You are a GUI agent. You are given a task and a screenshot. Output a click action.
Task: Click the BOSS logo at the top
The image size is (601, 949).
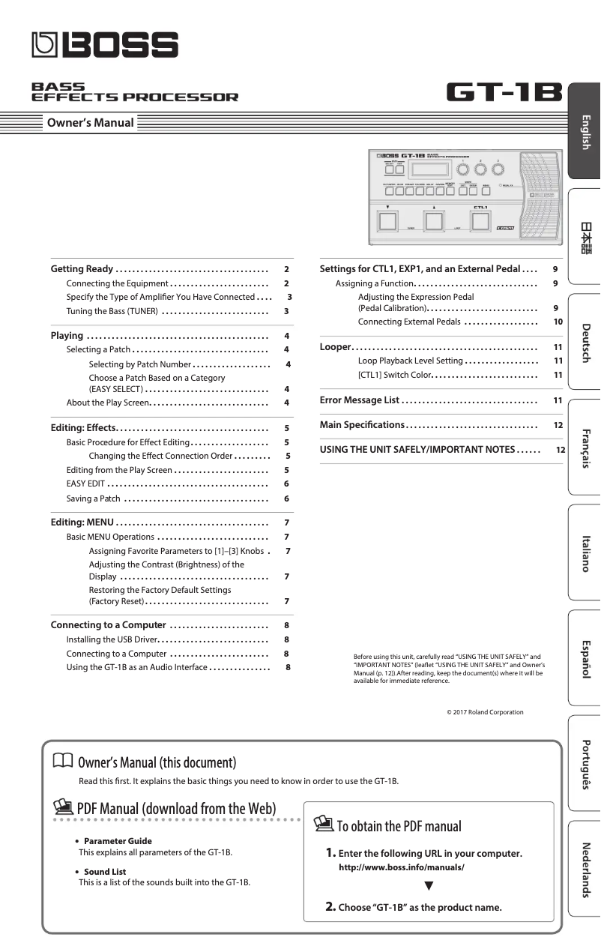(x=105, y=46)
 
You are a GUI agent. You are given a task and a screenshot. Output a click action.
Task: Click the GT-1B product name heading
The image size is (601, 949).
(x=504, y=93)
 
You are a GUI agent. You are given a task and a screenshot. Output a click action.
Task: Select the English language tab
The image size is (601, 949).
(x=585, y=132)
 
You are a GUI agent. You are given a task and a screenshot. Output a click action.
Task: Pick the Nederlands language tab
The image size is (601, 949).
(x=585, y=870)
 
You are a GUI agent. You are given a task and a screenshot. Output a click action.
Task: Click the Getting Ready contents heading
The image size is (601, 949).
(x=82, y=269)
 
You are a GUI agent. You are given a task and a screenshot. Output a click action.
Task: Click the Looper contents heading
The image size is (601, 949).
(x=335, y=347)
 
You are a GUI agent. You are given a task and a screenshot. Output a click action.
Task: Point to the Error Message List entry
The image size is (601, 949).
(x=360, y=400)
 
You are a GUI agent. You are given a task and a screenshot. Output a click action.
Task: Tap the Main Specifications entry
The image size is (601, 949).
(x=362, y=425)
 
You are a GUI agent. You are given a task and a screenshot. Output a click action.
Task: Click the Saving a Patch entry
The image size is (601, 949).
(x=93, y=498)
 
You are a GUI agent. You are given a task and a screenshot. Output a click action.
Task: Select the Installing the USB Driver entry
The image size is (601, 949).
(x=112, y=639)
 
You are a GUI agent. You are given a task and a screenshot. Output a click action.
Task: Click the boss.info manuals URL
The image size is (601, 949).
(x=402, y=867)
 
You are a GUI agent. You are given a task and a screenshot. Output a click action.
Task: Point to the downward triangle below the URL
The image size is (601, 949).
(x=429, y=886)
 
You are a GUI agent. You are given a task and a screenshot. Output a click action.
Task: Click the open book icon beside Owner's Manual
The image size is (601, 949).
(x=63, y=762)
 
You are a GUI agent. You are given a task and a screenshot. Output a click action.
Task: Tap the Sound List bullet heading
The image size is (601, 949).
(x=104, y=872)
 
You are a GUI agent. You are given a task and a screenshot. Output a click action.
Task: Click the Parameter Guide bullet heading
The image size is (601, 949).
(x=117, y=841)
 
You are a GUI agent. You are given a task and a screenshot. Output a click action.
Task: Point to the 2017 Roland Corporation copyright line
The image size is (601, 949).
(x=485, y=712)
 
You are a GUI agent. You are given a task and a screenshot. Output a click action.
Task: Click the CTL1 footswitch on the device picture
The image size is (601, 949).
(x=480, y=221)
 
